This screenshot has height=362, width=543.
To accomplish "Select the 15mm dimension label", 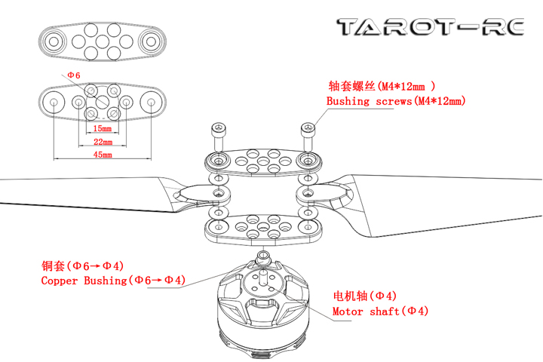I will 103,129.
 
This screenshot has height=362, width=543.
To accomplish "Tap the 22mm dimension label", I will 103,141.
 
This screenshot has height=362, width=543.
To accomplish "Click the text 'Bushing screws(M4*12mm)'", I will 396,101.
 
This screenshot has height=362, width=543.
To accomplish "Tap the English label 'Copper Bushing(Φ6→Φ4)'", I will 113,281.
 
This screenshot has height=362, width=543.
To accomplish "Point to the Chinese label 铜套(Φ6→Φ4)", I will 82,265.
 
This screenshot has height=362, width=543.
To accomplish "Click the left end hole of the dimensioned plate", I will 55,103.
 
